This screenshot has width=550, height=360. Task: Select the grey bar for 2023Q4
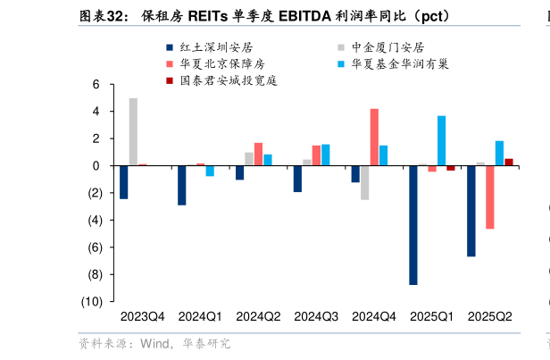(x=133, y=131)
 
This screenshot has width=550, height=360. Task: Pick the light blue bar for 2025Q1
(x=441, y=140)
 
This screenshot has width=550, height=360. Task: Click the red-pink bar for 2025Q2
(x=490, y=197)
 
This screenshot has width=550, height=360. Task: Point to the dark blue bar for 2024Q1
(x=182, y=185)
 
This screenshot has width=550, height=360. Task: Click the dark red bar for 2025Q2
(x=509, y=162)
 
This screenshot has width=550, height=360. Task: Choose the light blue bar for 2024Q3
(x=326, y=155)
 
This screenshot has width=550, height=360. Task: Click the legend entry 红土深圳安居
(x=210, y=47)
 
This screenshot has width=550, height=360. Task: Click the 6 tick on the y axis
(x=96, y=85)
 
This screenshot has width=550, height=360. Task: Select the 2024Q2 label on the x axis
(x=258, y=316)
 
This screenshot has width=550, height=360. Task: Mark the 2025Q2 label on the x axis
(x=490, y=316)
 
